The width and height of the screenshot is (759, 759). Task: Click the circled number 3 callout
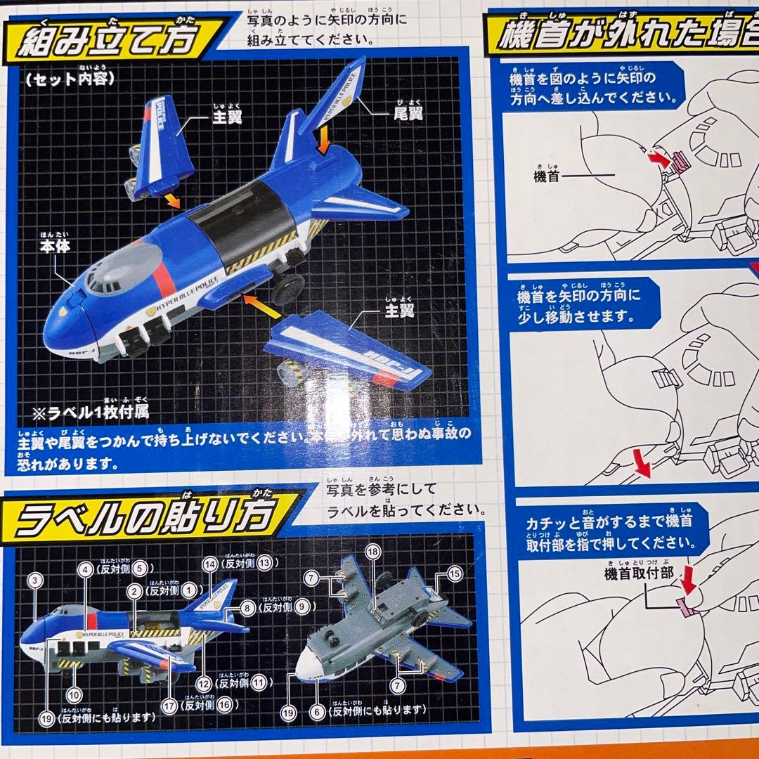[x=37, y=580]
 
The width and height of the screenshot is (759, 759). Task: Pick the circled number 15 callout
[x=454, y=573]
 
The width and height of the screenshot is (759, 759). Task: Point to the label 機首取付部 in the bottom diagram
[x=638, y=573]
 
